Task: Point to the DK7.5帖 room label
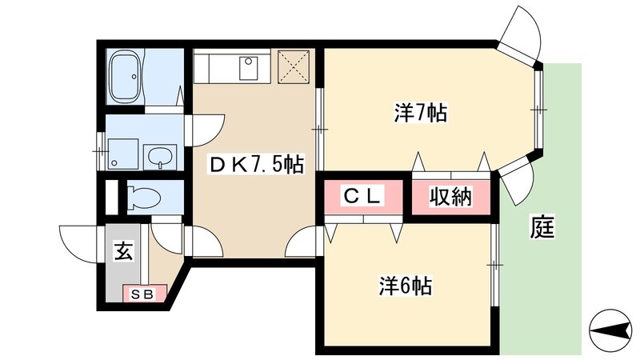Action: pos(255,166)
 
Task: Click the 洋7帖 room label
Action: pos(419,113)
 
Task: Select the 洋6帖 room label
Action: pos(406,286)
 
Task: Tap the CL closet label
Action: pos(363,196)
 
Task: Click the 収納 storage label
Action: pos(451,196)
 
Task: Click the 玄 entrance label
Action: pos(123,251)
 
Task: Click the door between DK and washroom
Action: pos(206,129)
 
